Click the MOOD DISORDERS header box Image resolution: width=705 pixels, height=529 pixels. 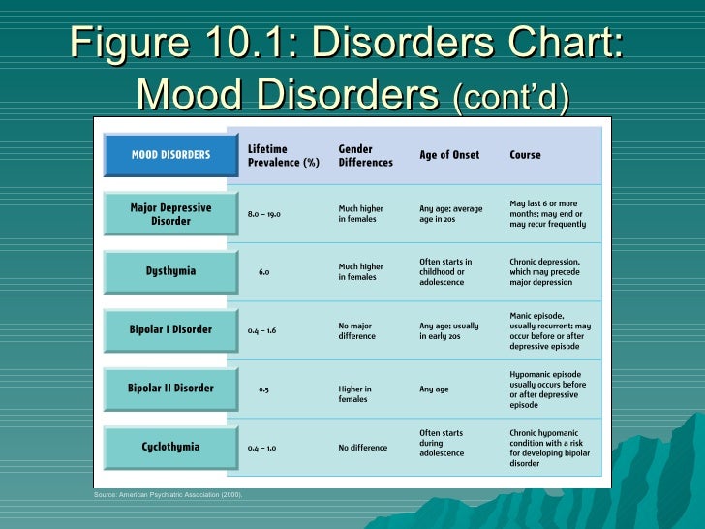coord(170,155)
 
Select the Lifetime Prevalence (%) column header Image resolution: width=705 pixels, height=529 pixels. coord(283,155)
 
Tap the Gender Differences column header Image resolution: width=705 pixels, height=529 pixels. coord(365,155)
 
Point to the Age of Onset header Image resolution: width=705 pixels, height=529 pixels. coord(448,155)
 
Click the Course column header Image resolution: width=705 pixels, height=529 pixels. coord(525,155)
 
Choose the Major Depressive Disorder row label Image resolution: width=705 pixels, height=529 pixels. coord(170,213)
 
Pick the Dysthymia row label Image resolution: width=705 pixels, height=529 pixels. coord(170,271)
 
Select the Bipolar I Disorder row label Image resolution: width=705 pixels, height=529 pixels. coord(170,329)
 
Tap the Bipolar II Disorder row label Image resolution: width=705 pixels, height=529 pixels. coord(170,389)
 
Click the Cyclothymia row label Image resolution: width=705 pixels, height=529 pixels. coord(170,447)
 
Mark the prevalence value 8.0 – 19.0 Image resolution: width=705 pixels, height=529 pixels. coord(263,214)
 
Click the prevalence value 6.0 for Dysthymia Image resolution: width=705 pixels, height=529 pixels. coord(263,272)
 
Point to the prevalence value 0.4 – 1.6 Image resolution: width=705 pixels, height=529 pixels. coord(261,330)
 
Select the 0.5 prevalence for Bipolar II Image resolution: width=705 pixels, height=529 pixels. coord(263,389)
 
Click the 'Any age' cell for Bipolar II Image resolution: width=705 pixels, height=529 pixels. coord(434,389)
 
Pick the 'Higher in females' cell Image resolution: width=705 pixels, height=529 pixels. coord(354,394)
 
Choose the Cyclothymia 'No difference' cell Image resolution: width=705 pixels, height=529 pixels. coord(362,448)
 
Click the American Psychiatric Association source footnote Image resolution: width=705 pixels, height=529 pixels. coord(168,495)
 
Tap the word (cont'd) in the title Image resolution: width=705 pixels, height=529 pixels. coord(510,98)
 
